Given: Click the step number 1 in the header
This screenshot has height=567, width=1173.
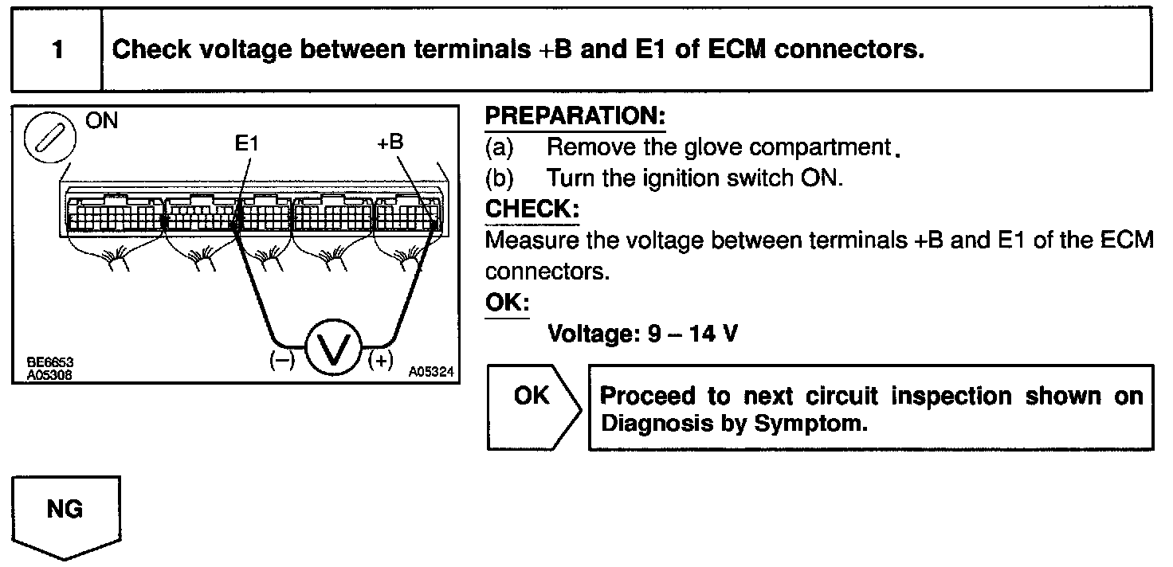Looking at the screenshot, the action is [x=57, y=49].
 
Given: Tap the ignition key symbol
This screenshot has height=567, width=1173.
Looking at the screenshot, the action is [x=49, y=137].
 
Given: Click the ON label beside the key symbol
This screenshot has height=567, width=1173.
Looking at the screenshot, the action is [x=101, y=120].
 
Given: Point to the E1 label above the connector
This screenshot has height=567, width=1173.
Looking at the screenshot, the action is [x=246, y=143].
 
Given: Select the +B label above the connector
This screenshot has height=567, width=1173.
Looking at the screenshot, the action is [x=390, y=142].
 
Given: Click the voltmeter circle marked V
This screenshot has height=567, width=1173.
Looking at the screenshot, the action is [x=334, y=346].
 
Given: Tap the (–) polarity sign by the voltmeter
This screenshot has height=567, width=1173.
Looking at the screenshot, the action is [x=282, y=360].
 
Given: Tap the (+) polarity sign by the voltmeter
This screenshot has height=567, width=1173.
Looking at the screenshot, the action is [x=381, y=360].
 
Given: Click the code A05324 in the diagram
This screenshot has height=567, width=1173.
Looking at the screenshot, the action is [x=431, y=372].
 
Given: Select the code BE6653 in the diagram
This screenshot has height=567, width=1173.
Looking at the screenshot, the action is [x=50, y=362].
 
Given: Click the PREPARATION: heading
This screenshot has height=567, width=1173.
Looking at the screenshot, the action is [x=575, y=115].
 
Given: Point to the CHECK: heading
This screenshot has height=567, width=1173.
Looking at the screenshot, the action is [x=532, y=209].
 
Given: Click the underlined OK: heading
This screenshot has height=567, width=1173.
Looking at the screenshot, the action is [x=507, y=302].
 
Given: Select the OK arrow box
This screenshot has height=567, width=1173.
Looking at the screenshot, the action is [x=534, y=407].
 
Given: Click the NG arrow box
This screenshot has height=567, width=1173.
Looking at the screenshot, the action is [x=66, y=518].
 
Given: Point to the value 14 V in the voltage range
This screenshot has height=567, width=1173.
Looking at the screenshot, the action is [x=713, y=333].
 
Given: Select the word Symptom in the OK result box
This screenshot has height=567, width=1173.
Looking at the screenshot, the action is [x=810, y=424].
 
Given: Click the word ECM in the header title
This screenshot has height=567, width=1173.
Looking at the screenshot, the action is [x=737, y=49].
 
